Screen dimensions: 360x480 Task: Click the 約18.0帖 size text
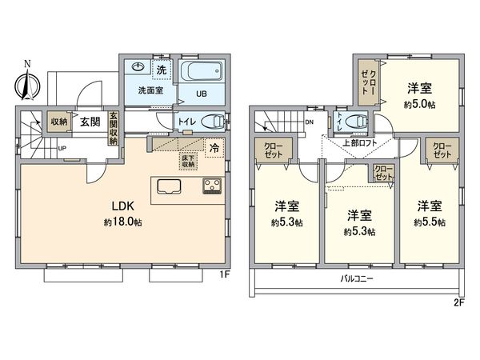tap(117, 221)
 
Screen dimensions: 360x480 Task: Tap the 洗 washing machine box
tap(161, 70)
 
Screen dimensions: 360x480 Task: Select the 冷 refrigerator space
tap(214, 147)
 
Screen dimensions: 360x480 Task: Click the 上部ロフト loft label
tap(360, 144)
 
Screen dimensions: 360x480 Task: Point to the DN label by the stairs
tap(310, 122)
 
